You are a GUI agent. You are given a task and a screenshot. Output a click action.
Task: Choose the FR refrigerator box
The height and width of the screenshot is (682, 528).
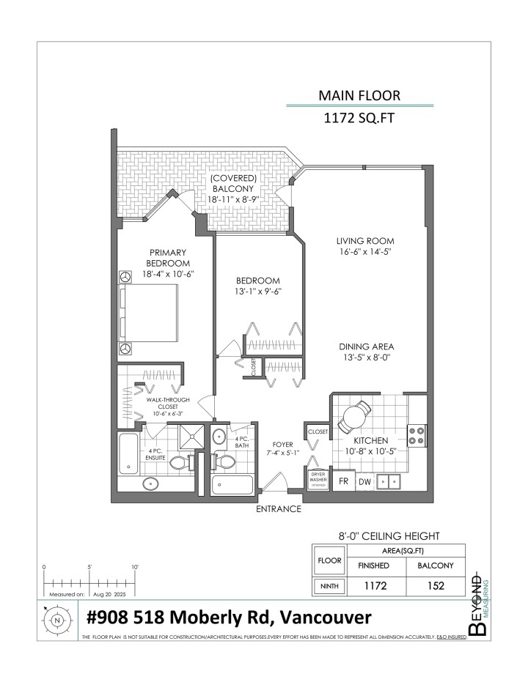(342, 482)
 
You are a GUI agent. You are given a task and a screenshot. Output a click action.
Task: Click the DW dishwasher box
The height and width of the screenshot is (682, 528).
(364, 482)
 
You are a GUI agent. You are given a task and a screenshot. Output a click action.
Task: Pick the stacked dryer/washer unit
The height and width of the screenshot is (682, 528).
(318, 478)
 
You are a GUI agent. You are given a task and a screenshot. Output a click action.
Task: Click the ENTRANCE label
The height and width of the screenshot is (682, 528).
(279, 509)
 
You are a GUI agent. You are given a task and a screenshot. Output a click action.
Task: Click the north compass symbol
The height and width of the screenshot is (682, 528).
(56, 620)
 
